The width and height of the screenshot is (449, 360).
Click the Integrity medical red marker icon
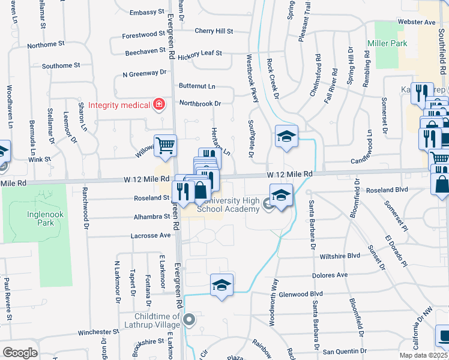[159, 105]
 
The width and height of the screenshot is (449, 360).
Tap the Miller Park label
[387, 43]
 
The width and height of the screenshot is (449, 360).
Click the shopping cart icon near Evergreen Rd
[165, 145]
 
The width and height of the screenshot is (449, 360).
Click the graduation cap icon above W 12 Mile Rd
[286, 136]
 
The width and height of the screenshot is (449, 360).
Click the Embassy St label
[147, 12]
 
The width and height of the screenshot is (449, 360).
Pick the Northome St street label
[46, 44]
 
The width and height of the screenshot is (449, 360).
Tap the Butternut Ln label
[196, 87]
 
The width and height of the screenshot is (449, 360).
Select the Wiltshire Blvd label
[340, 256]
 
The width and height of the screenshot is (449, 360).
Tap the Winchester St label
[99, 332]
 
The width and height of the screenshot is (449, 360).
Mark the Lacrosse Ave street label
[151, 236]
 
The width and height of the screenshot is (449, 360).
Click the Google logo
[20, 353]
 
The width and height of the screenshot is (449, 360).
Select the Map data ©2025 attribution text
[423, 355]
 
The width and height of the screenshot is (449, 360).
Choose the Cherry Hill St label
[213, 31]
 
